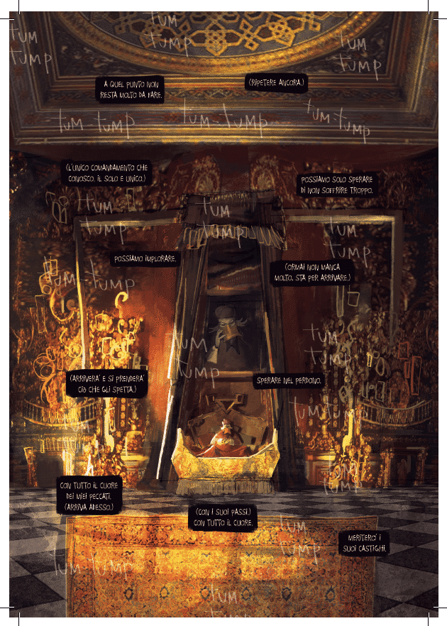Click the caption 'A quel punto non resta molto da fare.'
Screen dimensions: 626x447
tap(131, 89)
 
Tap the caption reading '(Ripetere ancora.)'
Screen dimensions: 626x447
tap(276, 83)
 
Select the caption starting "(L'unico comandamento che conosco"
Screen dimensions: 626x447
tap(105, 172)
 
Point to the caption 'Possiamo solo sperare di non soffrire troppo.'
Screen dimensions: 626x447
tap(336, 185)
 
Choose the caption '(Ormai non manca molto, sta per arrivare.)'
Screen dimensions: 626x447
tap(312, 272)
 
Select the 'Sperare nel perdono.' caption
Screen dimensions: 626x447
tap(289, 381)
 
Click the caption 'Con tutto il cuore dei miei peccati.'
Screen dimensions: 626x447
tap(89, 495)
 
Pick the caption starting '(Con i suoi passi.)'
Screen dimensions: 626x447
tap(223, 517)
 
